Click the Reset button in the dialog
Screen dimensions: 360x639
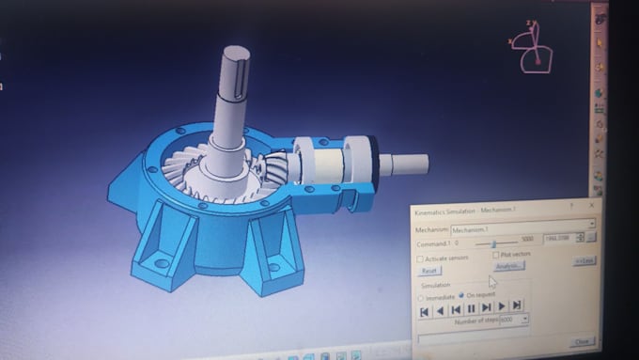430,270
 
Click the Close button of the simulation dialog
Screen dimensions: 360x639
582,341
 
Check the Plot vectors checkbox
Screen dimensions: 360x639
495,255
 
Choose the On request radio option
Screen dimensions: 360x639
460,296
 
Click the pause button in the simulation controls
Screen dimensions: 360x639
471,307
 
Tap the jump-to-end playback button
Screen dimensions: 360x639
517,305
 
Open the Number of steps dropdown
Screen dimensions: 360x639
524,320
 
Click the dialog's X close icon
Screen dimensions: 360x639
591,204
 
